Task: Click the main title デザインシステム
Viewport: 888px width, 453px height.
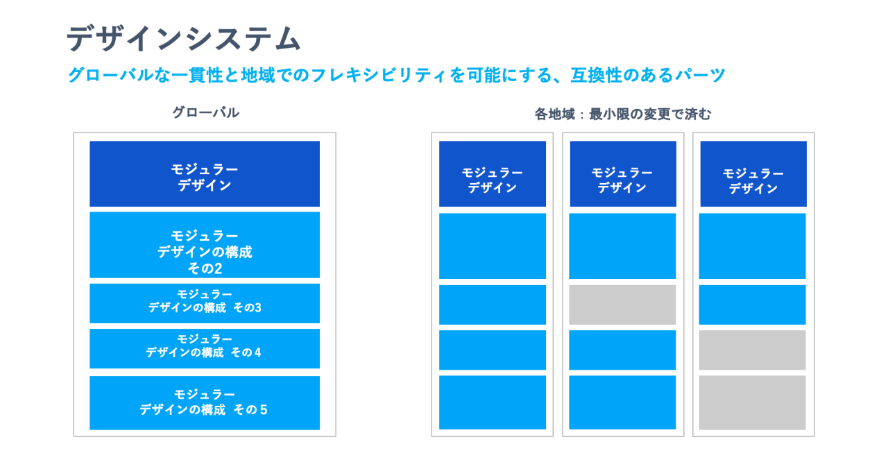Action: point(184,38)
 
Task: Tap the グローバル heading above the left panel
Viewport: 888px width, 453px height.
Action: point(206,112)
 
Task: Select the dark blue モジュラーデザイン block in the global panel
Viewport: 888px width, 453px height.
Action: point(205,173)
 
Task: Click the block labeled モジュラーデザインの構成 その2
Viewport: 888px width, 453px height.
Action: point(205,245)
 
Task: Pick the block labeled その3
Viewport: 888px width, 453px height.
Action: point(205,303)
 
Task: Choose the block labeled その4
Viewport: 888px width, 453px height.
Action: point(205,348)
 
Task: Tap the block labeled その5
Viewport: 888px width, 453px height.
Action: point(205,402)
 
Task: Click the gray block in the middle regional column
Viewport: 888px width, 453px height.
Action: point(622,305)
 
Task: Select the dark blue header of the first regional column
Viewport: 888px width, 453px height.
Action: point(493,173)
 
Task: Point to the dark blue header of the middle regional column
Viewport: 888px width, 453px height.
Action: point(623,173)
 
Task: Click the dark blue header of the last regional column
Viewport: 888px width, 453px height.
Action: point(753,173)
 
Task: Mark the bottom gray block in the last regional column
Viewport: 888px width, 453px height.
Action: point(753,402)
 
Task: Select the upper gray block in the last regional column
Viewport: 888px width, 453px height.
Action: point(753,350)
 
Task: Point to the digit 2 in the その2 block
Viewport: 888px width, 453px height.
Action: point(216,268)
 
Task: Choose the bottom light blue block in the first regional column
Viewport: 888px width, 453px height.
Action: point(493,402)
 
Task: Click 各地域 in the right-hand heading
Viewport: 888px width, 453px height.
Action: point(554,114)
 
